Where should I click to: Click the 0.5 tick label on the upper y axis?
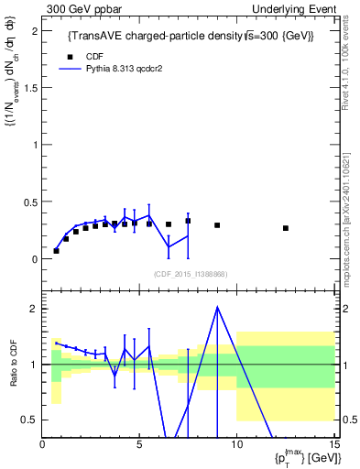click(x=29, y=202)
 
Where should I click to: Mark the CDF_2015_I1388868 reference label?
click(x=190, y=274)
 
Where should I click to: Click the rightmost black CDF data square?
click(x=286, y=228)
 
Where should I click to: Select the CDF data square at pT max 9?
click(x=217, y=225)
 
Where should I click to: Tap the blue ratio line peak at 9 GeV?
click(x=217, y=307)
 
